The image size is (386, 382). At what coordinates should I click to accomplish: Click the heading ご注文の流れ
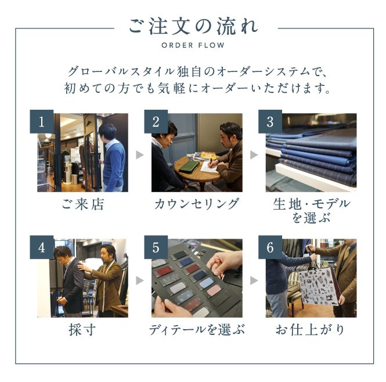pos(193,27)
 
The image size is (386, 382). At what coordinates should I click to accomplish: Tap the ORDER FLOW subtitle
pos(193,45)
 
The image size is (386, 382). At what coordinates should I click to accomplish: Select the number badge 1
pos(42,122)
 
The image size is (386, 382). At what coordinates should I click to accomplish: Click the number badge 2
pos(156,122)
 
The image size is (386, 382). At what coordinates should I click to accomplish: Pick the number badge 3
pos(270,122)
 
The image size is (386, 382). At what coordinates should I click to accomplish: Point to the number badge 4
pos(42,247)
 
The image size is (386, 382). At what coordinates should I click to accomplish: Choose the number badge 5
pos(156,247)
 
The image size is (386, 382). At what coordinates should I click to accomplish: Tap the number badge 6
pos(270,247)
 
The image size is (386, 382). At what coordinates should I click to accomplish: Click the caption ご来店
pos(82,204)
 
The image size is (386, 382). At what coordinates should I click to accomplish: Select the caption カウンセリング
pos(197,204)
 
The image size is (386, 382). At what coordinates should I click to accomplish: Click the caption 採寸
pos(82,330)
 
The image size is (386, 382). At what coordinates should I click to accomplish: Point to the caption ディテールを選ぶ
pos(197,330)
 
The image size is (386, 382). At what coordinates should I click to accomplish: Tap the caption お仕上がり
pos(310,330)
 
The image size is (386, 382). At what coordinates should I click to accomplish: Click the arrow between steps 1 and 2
pos(139,155)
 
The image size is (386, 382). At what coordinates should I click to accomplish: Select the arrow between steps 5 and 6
pos(254,280)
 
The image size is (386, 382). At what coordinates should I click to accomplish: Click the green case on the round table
pos(189,167)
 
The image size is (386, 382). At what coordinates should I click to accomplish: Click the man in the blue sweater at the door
pos(112,158)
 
